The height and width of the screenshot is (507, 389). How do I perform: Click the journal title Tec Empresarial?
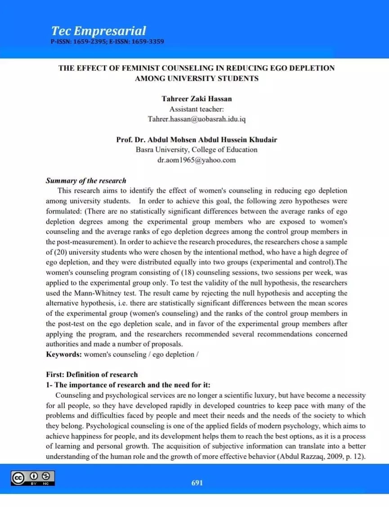pyautogui.click(x=98, y=31)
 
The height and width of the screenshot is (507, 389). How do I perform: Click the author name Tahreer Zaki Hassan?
pyautogui.click(x=196, y=99)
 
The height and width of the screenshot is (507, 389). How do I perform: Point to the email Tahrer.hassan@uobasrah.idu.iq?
pyautogui.click(x=197, y=119)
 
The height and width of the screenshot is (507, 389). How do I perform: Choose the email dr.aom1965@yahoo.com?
pyautogui.click(x=197, y=160)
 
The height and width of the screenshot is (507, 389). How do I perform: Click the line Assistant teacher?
pyautogui.click(x=197, y=109)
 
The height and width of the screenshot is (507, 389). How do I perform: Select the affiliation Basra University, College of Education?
pyautogui.click(x=197, y=150)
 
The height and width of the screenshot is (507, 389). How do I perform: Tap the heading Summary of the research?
pyautogui.click(x=86, y=181)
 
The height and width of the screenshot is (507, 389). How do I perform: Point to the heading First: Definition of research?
pyautogui.click(x=92, y=374)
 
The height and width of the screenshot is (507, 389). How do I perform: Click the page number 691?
pyautogui.click(x=197, y=483)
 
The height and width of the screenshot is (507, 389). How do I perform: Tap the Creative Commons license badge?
pyautogui.click(x=32, y=478)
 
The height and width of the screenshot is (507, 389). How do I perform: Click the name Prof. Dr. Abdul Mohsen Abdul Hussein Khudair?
pyautogui.click(x=197, y=139)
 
